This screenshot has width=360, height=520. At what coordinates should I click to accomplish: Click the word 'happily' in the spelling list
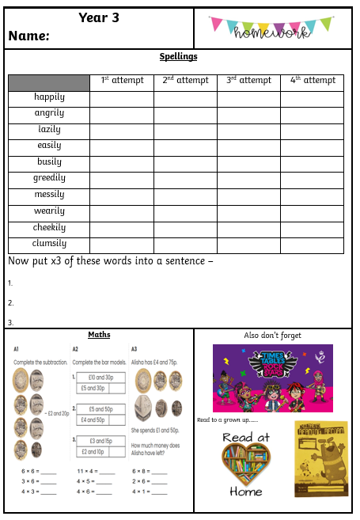pyautogui.click(x=49, y=98)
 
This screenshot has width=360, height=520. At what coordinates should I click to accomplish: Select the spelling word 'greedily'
pyautogui.click(x=49, y=179)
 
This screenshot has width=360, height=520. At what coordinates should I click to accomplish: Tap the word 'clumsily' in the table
pyautogui.click(x=49, y=245)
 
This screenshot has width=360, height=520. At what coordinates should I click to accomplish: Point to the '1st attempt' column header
pyautogui.click(x=122, y=81)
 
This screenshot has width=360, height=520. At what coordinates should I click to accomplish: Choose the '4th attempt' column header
pyautogui.click(x=313, y=81)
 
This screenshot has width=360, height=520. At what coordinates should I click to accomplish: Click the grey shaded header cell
pyautogui.click(x=49, y=83)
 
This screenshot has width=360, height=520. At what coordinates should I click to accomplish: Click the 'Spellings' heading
pyautogui.click(x=178, y=57)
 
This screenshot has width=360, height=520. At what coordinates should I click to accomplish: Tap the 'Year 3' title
pyautogui.click(x=99, y=17)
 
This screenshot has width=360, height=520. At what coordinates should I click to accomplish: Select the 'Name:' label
pyautogui.click(x=29, y=36)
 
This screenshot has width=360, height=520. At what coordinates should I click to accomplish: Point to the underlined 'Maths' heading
pyautogui.click(x=99, y=336)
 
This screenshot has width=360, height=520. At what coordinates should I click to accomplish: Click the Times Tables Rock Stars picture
pyautogui.click(x=272, y=378)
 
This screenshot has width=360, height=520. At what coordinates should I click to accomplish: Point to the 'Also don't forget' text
pyautogui.click(x=273, y=336)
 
